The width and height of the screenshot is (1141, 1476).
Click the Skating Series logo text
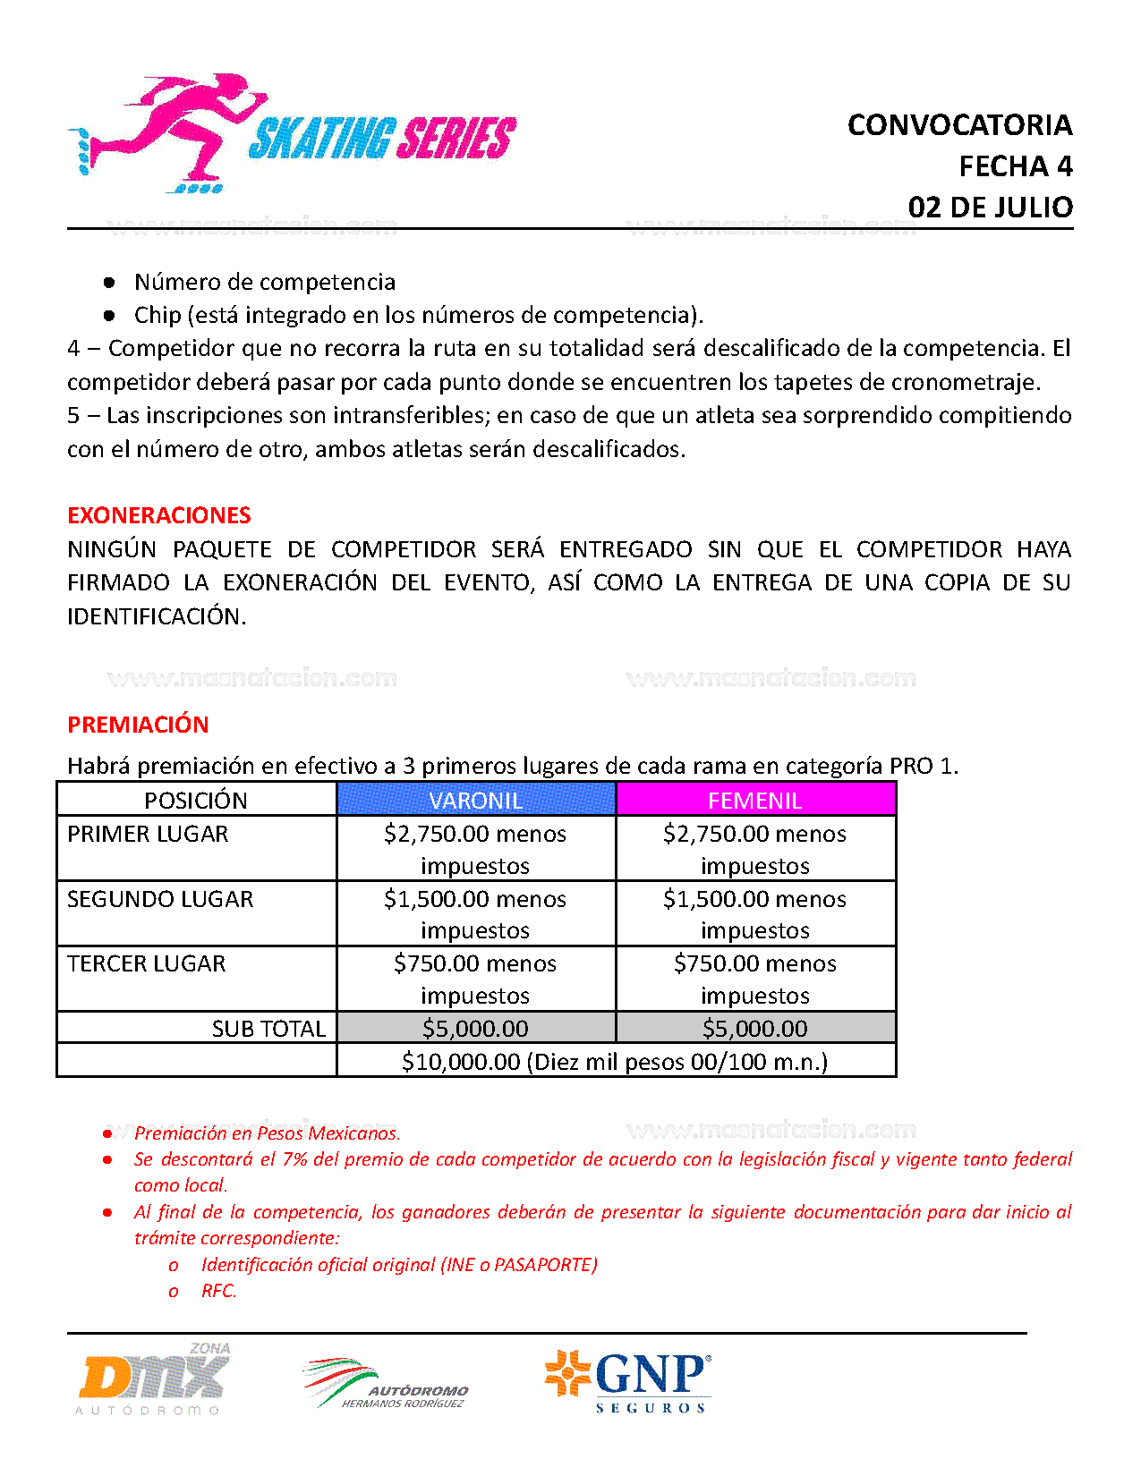[x=381, y=140]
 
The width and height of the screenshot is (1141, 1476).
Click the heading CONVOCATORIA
[x=959, y=125]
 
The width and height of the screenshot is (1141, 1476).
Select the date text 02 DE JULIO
[x=990, y=208]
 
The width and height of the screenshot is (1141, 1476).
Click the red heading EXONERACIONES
[x=159, y=515]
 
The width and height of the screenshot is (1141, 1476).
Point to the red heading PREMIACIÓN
[x=138, y=725]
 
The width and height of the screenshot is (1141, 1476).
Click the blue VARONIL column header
[x=476, y=800]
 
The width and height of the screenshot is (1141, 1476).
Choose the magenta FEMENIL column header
[x=755, y=800]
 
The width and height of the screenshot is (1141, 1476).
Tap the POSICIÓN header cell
[x=196, y=800]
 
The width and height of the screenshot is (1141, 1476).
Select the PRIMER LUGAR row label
[x=148, y=834]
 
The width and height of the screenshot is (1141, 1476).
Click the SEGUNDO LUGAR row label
[x=160, y=899]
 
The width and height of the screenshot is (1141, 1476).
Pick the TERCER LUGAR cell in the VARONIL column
[x=476, y=979]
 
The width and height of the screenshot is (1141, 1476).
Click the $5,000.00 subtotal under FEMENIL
[x=755, y=1029]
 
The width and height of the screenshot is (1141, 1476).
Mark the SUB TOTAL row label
[x=268, y=1029]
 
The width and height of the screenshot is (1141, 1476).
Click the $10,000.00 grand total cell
[x=615, y=1062]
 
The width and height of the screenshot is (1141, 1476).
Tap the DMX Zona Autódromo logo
[x=154, y=1379]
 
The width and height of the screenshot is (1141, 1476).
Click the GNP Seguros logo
[x=629, y=1381]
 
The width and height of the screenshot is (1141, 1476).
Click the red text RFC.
[x=218, y=1291]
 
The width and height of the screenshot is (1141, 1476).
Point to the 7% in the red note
[x=294, y=1159]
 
